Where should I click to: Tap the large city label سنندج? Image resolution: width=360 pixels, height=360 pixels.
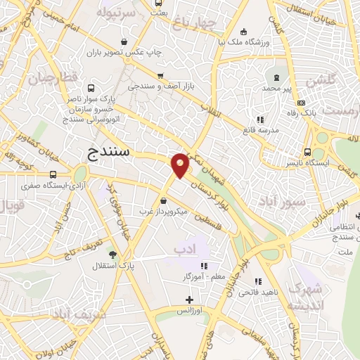tap(112, 153)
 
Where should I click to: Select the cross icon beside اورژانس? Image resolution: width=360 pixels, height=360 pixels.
tap(188, 300)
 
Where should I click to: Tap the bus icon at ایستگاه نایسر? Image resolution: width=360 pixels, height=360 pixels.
tap(307, 153)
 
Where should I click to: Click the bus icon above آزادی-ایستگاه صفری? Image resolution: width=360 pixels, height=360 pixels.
tap(53, 174)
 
